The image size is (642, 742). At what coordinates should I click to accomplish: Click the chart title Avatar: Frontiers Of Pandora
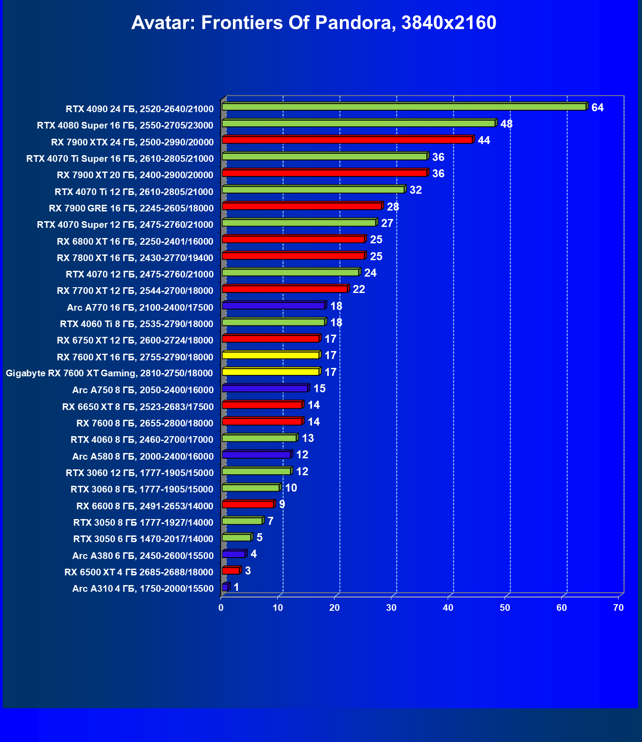click(313, 23)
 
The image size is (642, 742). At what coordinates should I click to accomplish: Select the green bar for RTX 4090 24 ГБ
click(404, 107)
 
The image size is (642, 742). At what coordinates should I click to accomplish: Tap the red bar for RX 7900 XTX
click(347, 140)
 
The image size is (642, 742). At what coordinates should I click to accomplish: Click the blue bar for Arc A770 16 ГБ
click(273, 305)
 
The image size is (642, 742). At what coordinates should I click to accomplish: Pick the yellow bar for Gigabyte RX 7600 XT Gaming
click(271, 371)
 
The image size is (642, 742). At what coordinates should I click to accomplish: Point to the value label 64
click(597, 108)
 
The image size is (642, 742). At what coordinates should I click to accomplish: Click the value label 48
click(506, 124)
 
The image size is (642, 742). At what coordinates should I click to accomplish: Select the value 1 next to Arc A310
click(236, 587)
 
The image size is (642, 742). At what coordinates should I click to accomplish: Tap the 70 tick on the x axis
click(618, 608)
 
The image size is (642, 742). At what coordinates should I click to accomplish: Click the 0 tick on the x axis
click(221, 608)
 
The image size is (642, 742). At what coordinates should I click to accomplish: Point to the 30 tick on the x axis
click(391, 608)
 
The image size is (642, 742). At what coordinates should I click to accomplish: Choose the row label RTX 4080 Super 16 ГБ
click(125, 125)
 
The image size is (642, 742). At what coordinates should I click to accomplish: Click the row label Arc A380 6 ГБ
click(143, 556)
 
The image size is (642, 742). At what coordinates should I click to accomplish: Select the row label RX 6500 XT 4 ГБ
click(139, 572)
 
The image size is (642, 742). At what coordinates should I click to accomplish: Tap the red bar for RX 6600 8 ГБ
click(248, 504)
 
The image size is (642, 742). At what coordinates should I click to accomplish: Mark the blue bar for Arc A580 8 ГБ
click(256, 454)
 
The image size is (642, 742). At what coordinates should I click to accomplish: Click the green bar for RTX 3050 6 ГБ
click(236, 537)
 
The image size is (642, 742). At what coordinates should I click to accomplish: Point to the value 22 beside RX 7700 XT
click(358, 289)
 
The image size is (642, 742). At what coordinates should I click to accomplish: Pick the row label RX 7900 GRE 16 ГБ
click(131, 208)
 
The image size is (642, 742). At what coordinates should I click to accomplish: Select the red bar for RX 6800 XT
click(293, 239)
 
